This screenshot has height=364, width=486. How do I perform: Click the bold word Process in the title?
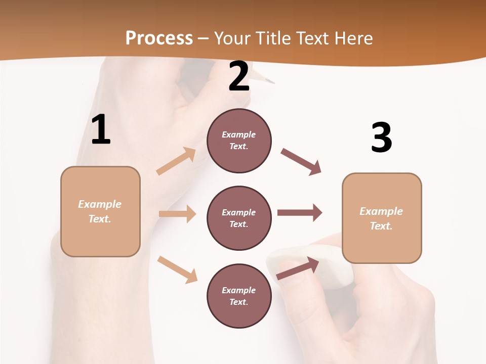[x=159, y=38]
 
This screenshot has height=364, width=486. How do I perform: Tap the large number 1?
[x=101, y=129]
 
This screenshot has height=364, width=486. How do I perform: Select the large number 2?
[x=239, y=76]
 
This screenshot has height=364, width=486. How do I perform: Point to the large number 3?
[x=381, y=138]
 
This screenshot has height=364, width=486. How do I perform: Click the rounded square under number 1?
[x=100, y=211]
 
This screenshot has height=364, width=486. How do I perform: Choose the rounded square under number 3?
[x=382, y=218]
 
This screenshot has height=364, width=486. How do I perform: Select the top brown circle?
[x=239, y=141]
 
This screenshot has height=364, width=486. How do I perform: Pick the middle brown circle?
[x=239, y=218]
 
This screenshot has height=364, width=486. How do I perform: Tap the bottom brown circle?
[x=239, y=296]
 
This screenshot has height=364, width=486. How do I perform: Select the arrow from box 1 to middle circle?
[x=177, y=214]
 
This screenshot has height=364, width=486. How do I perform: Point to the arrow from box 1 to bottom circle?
[x=177, y=269]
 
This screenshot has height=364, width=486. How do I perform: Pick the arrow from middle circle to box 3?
[x=299, y=213]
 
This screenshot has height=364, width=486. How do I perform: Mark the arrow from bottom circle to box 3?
[x=298, y=268]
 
